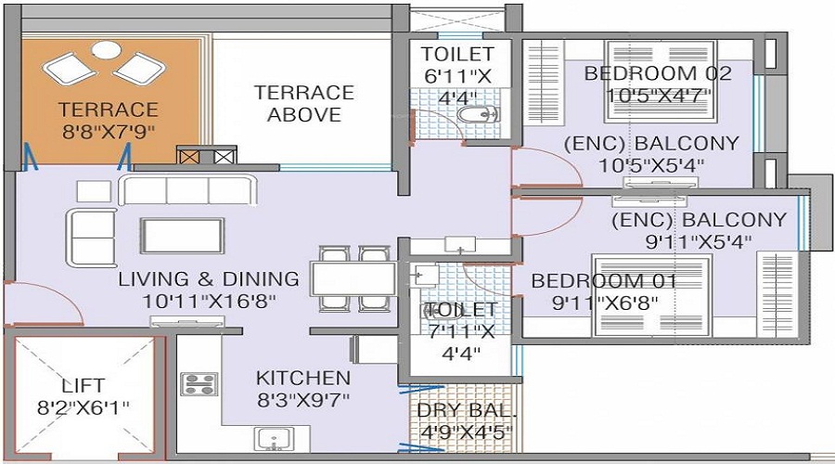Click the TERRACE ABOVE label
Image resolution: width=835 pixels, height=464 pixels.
click(x=304, y=103)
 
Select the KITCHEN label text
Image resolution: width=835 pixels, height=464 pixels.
click(x=303, y=378)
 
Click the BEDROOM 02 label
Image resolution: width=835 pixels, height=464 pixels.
click(x=658, y=73)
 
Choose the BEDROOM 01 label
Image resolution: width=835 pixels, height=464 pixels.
click(x=603, y=280)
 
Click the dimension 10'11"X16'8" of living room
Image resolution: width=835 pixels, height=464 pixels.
click(x=209, y=301)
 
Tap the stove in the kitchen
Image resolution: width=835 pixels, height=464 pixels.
click(x=199, y=383)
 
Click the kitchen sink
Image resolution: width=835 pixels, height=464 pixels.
click(x=273, y=439)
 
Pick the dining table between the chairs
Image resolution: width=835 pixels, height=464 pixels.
click(x=339, y=278)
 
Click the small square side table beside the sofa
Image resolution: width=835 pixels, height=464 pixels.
click(x=93, y=190)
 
